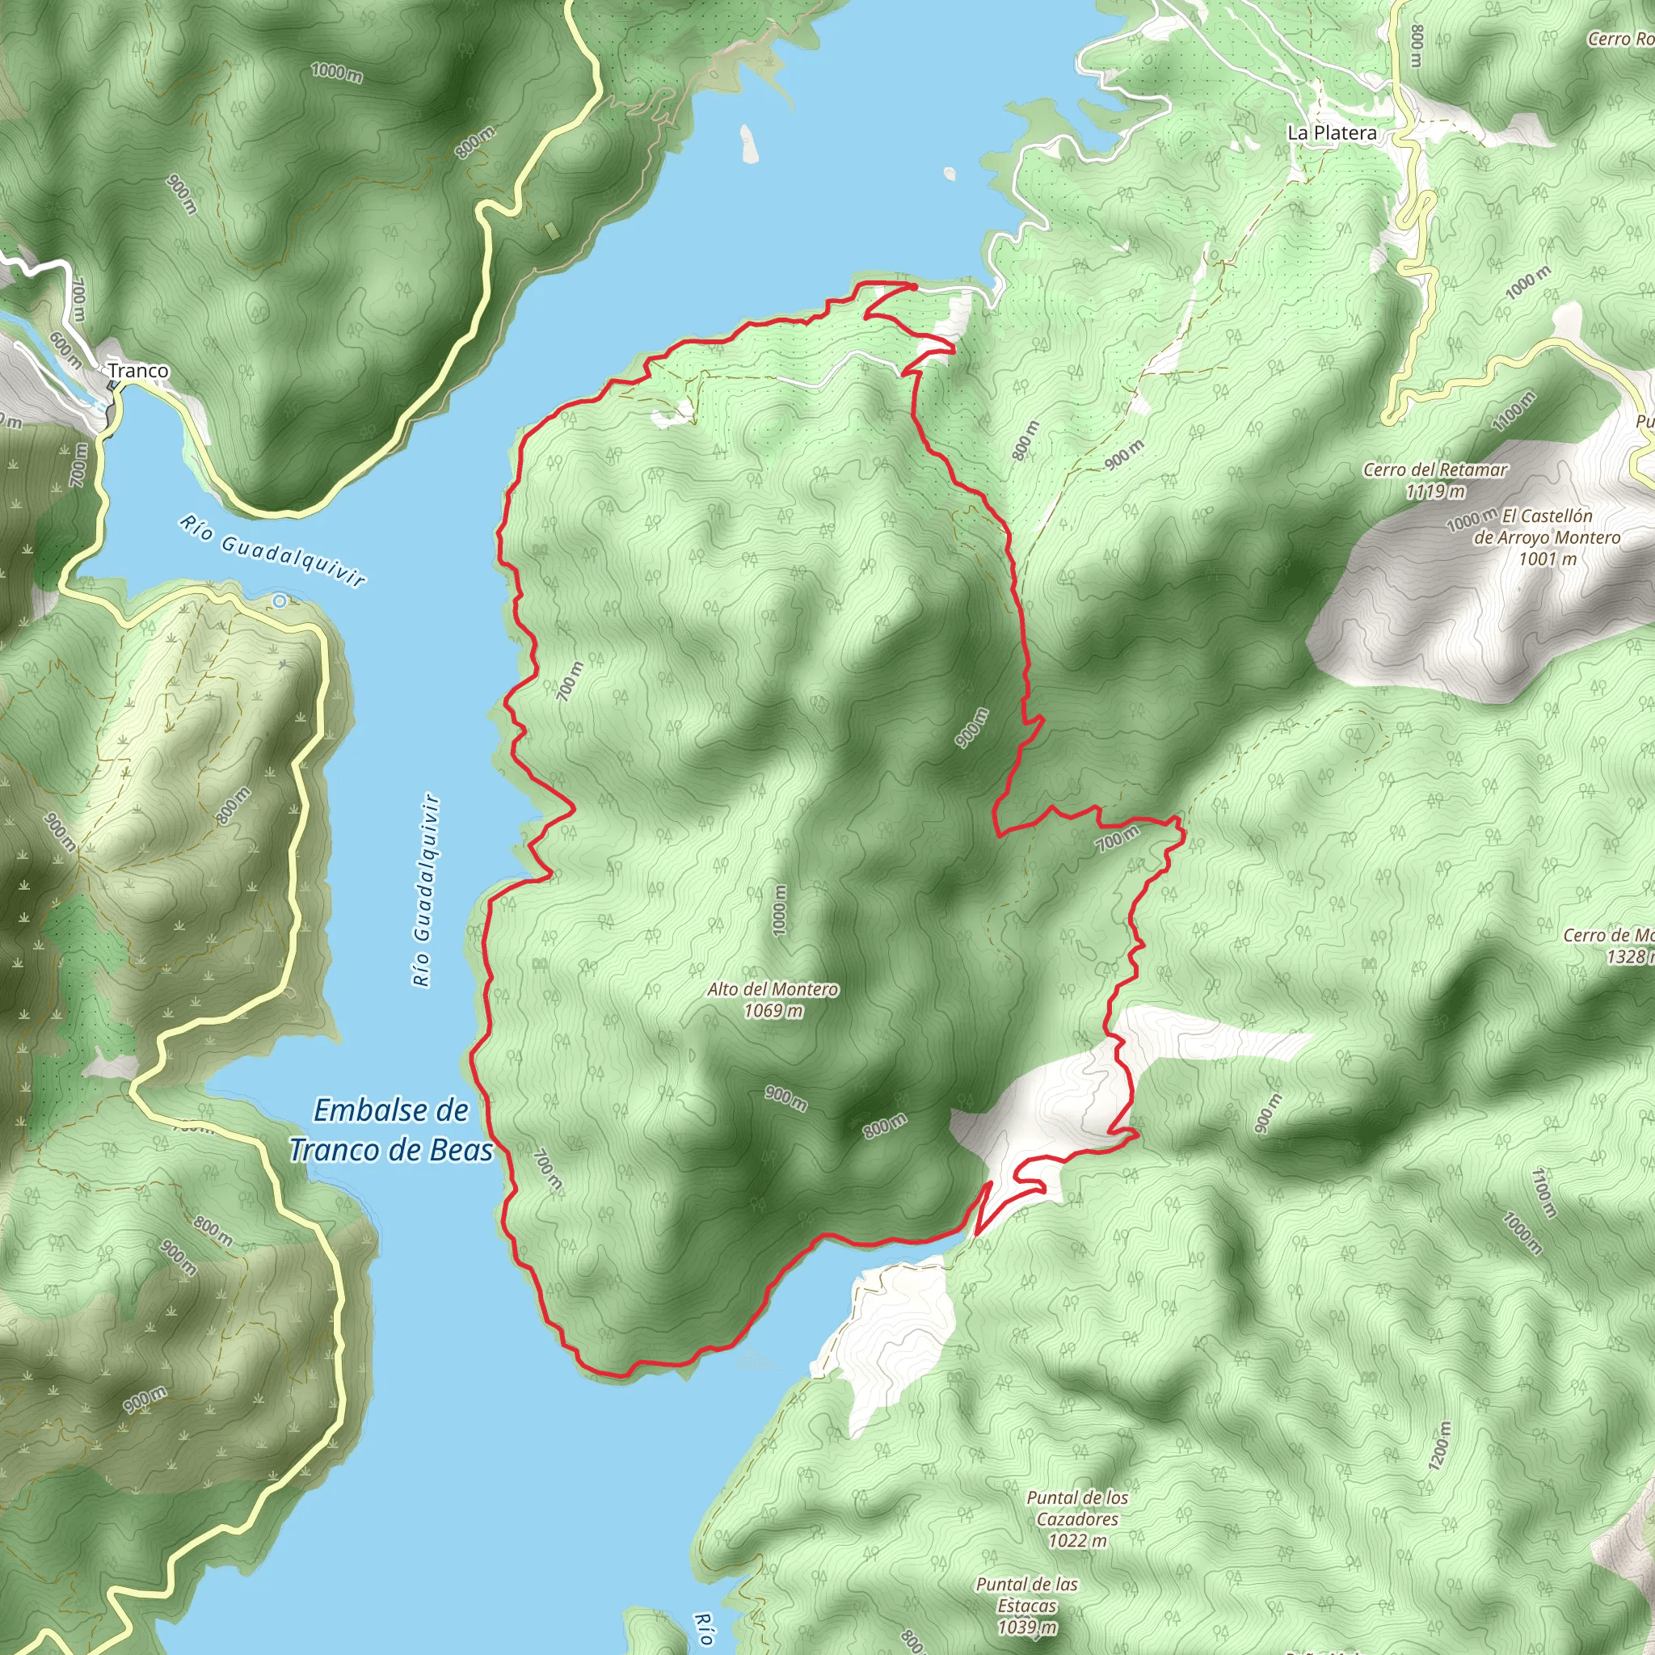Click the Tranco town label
(138, 371)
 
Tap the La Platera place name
(1332, 133)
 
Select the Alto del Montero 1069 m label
(773, 1000)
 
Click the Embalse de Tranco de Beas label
(391, 1130)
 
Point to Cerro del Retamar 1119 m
(1435, 481)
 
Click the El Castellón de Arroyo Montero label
(1546, 537)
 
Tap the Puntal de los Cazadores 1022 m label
(1078, 1518)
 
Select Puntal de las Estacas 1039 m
(1026, 1606)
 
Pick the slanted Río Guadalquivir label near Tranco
(272, 551)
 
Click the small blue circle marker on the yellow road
(280, 601)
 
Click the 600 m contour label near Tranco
(66, 351)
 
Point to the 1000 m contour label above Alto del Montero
(779, 910)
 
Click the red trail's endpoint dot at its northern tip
(913, 287)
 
